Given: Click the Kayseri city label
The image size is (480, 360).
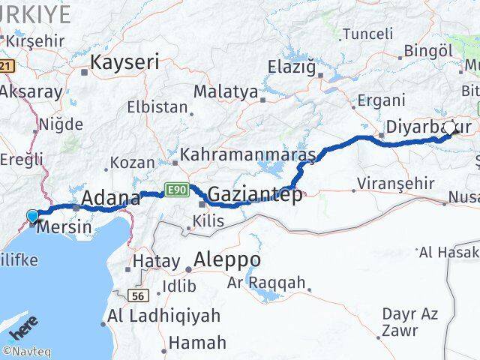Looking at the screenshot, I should point(124,63).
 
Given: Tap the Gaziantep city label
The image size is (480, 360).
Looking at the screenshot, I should point(255,195).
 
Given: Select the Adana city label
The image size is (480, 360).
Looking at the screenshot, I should point(110,199).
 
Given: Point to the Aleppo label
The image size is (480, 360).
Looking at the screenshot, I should point(227,259).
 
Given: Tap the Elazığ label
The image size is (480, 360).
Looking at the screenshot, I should point(292,67).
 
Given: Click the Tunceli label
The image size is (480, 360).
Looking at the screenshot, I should point(367,33).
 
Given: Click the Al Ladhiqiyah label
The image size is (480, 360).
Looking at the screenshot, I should point(164,316).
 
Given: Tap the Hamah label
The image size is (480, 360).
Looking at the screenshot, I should point(197,343).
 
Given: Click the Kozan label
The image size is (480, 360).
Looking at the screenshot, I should point(132,162).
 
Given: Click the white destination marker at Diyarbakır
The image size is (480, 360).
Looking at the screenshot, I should point(451,128).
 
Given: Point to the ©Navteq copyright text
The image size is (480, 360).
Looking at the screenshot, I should point(26,351).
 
